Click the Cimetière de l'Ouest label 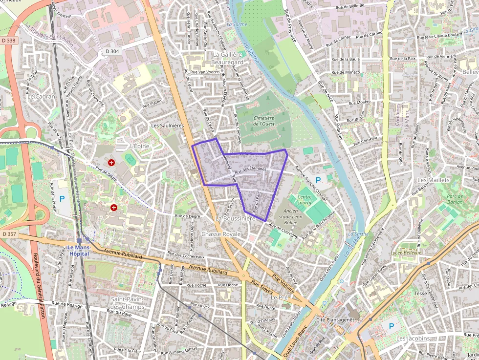pos(264,121)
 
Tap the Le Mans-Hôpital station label pos(79,250)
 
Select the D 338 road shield pos(9,41)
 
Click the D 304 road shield pos(112,51)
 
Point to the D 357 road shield pos(9,234)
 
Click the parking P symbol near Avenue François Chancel pos(318,180)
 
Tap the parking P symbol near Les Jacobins pos(391,326)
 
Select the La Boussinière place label pos(236,219)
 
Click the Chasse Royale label pos(221,234)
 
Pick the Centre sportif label pos(304,200)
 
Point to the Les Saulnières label pos(167,126)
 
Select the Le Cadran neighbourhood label pos(42,96)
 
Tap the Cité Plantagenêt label pos(334,319)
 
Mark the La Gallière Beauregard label pos(228,59)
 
